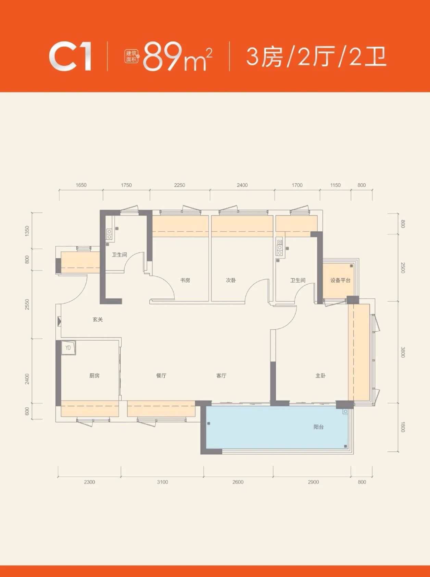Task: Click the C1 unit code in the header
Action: (x=71, y=57)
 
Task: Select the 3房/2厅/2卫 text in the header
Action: (x=316, y=57)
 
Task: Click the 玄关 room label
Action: (x=98, y=319)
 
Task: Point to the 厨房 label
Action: (x=94, y=376)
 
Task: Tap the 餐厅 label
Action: (x=161, y=376)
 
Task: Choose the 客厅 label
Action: (x=222, y=376)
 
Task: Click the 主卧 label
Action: (x=320, y=376)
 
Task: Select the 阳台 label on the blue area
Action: (x=318, y=427)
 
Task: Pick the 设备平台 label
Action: (x=340, y=280)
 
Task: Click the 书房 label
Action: (x=185, y=280)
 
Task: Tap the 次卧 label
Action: (x=231, y=280)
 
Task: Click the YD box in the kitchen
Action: (x=68, y=347)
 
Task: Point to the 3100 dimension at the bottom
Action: (x=163, y=482)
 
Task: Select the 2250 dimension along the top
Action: (x=179, y=185)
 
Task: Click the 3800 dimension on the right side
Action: (x=403, y=352)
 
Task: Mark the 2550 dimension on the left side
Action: (x=27, y=304)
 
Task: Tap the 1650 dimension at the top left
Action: (x=81, y=185)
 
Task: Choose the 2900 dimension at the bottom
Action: (x=313, y=482)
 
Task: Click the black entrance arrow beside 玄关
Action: (x=60, y=321)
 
